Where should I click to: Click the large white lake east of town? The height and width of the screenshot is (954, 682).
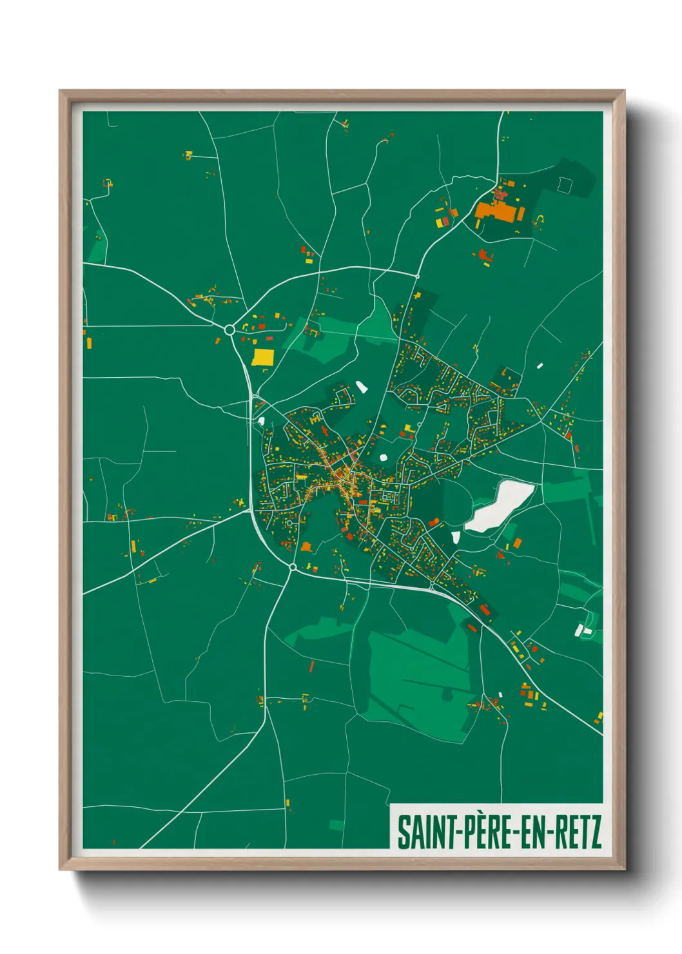click(500, 507)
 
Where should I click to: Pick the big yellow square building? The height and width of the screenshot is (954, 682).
click(262, 356)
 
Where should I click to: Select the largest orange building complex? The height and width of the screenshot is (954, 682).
click(498, 211)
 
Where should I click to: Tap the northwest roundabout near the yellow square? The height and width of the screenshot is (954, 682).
click(229, 330)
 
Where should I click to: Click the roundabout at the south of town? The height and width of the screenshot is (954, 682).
click(293, 567)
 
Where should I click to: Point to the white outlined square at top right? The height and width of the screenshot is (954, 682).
click(565, 185)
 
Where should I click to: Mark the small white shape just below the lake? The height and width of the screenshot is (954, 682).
click(456, 537)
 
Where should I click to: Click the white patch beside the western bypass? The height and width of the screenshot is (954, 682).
click(261, 422)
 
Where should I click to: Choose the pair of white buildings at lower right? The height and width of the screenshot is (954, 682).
click(583, 629)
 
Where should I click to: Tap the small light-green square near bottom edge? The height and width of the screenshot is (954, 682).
click(336, 824)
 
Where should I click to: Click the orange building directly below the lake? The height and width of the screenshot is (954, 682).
click(518, 543)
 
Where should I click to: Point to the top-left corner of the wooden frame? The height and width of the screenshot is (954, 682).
click(61, 92)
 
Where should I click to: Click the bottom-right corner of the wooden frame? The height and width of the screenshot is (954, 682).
click(623, 868)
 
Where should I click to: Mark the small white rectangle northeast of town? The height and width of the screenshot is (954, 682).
click(540, 365)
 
